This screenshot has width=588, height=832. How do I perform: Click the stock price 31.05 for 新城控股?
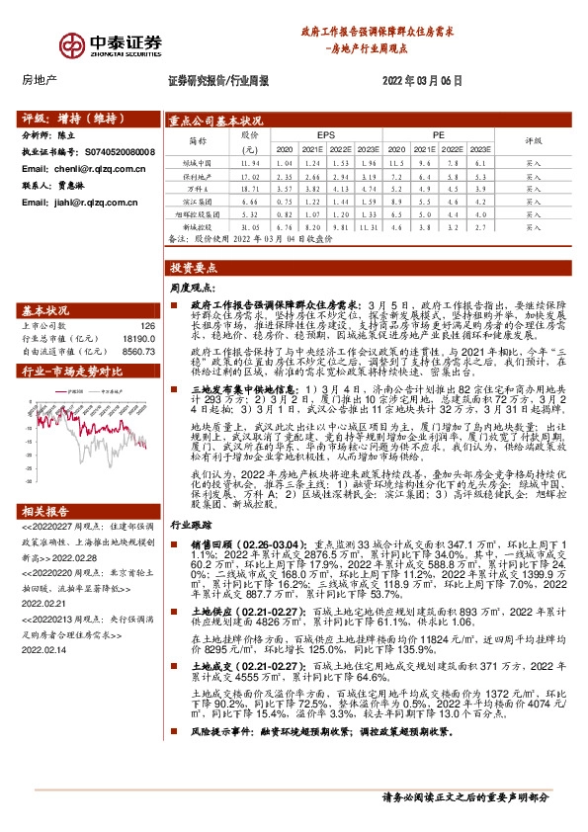tap(250, 226)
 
